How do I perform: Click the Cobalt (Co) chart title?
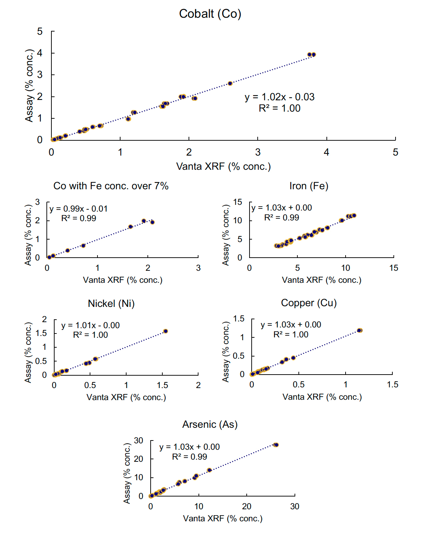click(x=210, y=14)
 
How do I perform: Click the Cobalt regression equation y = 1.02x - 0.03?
click(x=279, y=97)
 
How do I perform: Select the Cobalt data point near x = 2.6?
click(x=230, y=84)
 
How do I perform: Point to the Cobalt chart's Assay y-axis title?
click(x=29, y=86)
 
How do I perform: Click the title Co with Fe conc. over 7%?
click(x=111, y=186)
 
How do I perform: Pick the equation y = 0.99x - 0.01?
click(x=78, y=209)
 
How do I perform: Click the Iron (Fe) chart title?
click(x=309, y=186)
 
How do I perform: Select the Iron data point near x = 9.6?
click(x=342, y=220)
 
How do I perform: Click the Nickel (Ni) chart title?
click(x=111, y=304)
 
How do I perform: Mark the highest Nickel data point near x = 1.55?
click(x=166, y=331)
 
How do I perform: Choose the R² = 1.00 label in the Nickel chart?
click(x=90, y=335)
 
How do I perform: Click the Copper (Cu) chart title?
click(x=309, y=303)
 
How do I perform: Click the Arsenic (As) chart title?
click(x=210, y=425)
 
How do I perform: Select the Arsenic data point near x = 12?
click(x=209, y=470)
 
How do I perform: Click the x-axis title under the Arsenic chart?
click(x=223, y=519)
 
